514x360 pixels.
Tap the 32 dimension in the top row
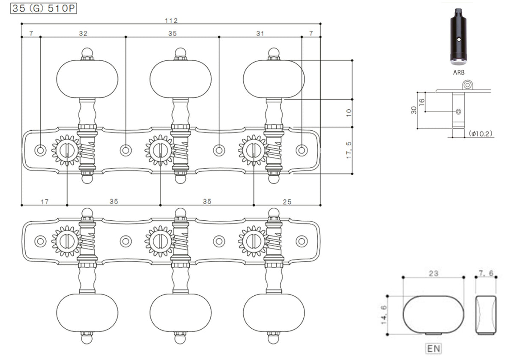(x=83, y=33)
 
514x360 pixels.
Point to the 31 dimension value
(x=260, y=33)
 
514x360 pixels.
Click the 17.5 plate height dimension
(x=349, y=150)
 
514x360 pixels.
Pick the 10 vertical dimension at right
(x=349, y=113)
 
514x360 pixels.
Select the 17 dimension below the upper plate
(x=45, y=201)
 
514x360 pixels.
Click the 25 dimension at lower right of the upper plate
(x=287, y=201)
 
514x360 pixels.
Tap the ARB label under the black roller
(x=459, y=73)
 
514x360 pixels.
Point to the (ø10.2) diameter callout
(x=481, y=134)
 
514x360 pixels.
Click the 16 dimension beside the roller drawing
(x=421, y=102)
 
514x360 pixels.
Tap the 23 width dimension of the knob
(x=433, y=273)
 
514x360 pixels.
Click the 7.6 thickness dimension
(x=486, y=273)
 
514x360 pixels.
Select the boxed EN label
(x=433, y=348)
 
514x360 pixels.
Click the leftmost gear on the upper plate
(x=66, y=150)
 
